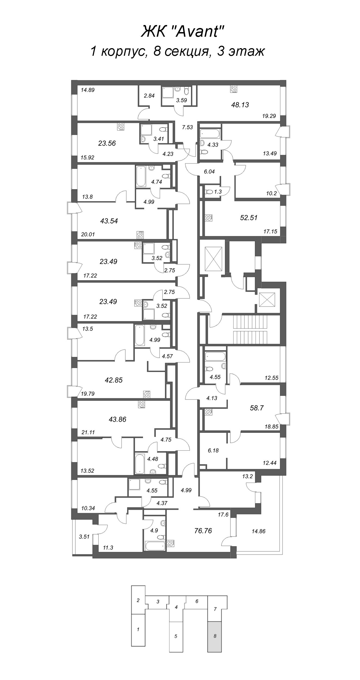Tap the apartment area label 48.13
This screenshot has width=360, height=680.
(240, 105)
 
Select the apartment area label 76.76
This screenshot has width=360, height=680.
(203, 531)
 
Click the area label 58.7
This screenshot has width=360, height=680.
(257, 408)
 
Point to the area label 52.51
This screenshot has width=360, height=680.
(249, 218)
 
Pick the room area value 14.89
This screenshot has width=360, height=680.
(88, 90)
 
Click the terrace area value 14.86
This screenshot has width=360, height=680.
(258, 531)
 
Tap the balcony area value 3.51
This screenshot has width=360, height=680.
(84, 537)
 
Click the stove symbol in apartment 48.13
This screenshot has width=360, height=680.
(233, 89)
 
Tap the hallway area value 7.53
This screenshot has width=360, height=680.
(187, 127)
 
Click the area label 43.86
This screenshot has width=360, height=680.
(117, 419)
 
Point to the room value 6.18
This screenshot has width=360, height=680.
(213, 451)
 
